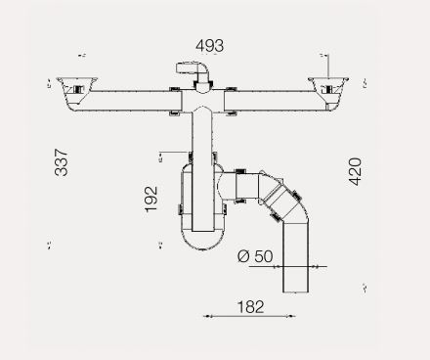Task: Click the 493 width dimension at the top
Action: tap(210, 46)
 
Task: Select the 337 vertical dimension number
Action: tap(62, 162)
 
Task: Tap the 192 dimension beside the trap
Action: tap(151, 199)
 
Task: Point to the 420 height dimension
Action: tap(355, 171)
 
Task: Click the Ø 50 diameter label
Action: tap(255, 256)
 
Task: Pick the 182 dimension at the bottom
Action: tap(250, 307)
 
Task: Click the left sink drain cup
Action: tap(77, 94)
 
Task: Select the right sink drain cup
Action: tap(328, 95)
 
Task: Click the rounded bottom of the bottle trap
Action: tap(202, 242)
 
